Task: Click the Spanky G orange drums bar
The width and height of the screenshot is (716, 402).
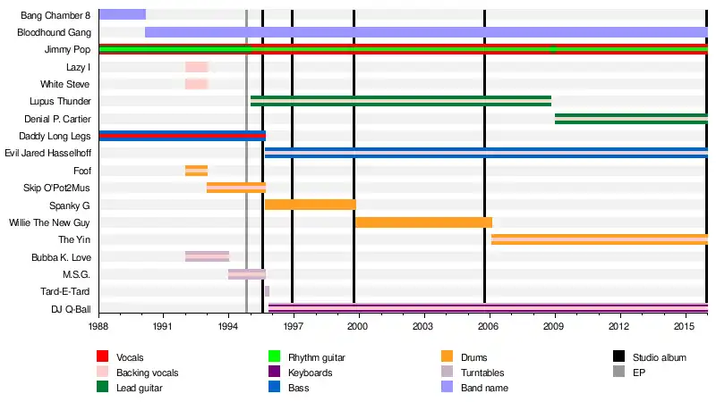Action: click(x=310, y=205)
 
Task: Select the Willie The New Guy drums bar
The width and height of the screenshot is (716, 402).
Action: click(x=423, y=222)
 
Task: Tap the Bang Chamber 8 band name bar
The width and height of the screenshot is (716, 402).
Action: click(x=122, y=14)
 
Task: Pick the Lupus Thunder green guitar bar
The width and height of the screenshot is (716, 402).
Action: click(x=400, y=101)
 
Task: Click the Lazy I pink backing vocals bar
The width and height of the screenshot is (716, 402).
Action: click(x=197, y=67)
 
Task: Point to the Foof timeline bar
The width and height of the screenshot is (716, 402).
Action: click(x=196, y=171)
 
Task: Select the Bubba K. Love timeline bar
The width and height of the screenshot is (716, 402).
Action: click(x=207, y=256)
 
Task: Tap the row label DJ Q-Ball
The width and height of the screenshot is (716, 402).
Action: click(x=70, y=308)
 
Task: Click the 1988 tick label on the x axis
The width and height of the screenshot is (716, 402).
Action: click(x=98, y=328)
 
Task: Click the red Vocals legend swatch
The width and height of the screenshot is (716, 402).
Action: click(x=103, y=357)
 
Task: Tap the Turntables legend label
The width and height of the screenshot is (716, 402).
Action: click(x=482, y=373)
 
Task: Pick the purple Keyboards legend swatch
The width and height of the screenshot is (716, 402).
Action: click(x=275, y=373)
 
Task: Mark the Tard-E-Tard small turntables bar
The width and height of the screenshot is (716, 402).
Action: click(x=267, y=290)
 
